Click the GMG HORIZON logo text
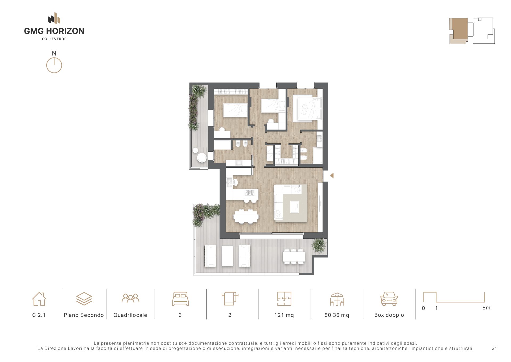(54, 31)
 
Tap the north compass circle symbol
(54, 65)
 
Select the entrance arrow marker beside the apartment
(332, 175)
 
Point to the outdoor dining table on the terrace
(294, 256)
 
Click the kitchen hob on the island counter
(250, 192)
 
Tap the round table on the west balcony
(201, 158)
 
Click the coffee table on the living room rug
(294, 207)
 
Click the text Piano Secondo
(84, 315)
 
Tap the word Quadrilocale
(130, 315)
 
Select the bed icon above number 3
(180, 299)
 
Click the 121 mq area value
(284, 315)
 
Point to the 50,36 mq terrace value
(337, 315)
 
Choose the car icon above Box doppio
(389, 299)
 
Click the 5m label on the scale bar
(486, 308)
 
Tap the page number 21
(494, 348)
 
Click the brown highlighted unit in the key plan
(460, 29)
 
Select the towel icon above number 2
(230, 299)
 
